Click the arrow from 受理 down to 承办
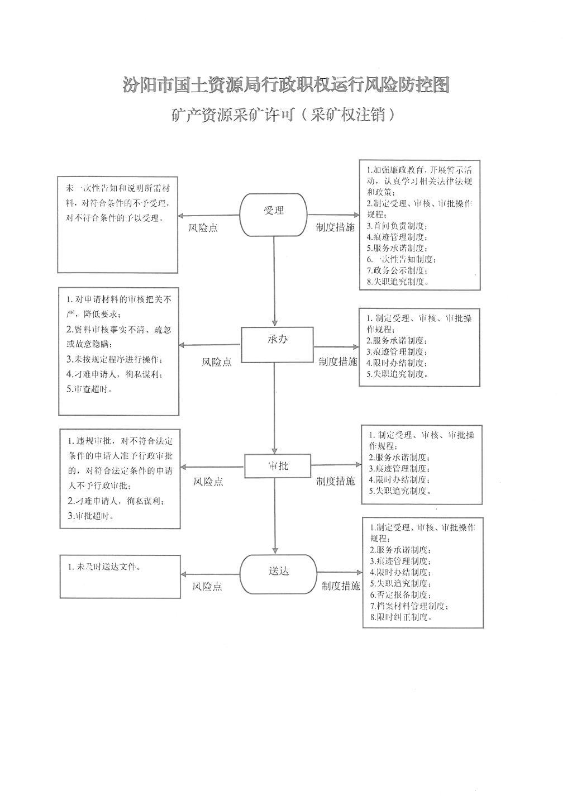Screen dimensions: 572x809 pyautogui.click(x=274, y=282)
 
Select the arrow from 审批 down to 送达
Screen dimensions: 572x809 pyautogui.click(x=275, y=516)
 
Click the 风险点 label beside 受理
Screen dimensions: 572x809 pyautogui.click(x=203, y=228)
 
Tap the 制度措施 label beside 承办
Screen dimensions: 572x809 pyautogui.click(x=337, y=361)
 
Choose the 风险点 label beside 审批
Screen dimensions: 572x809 pyautogui.click(x=208, y=482)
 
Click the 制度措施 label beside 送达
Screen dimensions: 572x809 pyautogui.click(x=341, y=586)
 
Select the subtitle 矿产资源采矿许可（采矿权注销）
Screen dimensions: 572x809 pyautogui.click(x=283, y=115)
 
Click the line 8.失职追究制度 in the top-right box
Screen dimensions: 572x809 pyautogui.click(x=398, y=282)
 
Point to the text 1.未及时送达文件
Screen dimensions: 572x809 pyautogui.click(x=104, y=567)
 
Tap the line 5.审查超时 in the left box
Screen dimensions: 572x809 pyautogui.click(x=89, y=389)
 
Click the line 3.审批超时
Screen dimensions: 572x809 pyautogui.click(x=91, y=516)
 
